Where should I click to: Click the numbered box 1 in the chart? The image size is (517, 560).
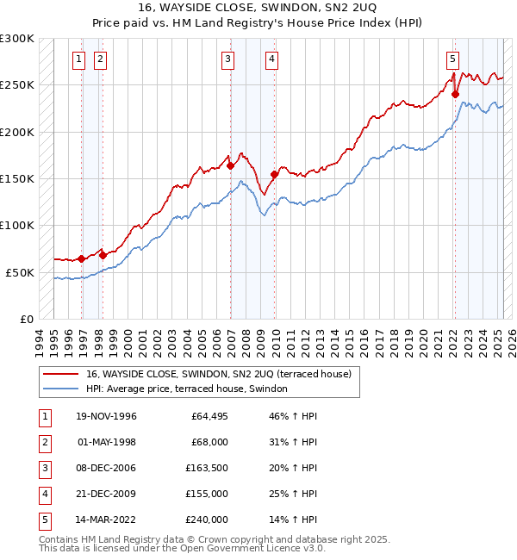click(x=78, y=59)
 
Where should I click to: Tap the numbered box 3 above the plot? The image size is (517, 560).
click(x=227, y=59)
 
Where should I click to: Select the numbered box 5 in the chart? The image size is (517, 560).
click(x=452, y=59)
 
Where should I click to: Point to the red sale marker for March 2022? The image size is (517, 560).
click(x=455, y=95)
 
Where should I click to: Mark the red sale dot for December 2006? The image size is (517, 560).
click(x=230, y=165)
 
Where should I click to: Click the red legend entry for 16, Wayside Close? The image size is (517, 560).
click(x=218, y=375)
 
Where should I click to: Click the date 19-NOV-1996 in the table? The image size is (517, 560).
click(x=107, y=417)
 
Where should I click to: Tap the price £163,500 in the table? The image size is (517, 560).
click(x=207, y=469)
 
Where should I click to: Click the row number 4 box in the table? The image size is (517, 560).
click(x=44, y=495)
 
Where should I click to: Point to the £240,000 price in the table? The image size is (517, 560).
click(x=207, y=520)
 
